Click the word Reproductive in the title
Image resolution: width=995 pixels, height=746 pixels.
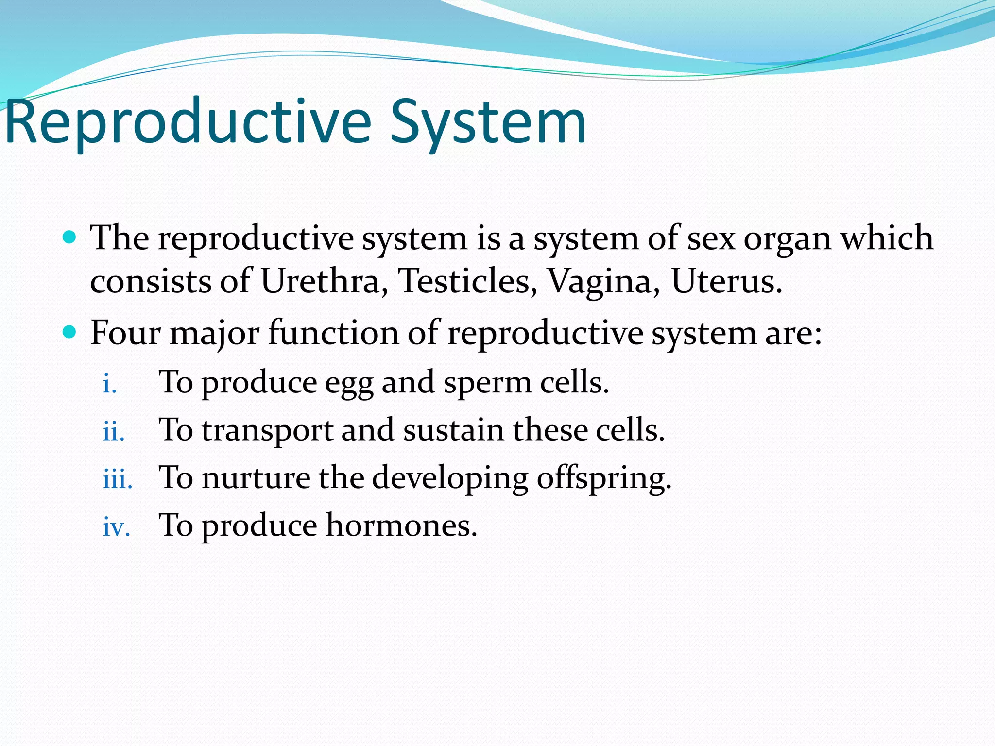click(188, 122)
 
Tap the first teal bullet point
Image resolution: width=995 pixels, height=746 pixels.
click(70, 237)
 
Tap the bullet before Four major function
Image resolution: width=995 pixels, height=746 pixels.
click(70, 333)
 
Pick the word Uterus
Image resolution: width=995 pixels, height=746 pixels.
click(726, 282)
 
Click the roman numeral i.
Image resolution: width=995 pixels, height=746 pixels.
click(110, 384)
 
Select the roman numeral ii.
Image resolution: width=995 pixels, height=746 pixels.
click(114, 431)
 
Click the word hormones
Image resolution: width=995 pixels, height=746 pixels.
click(401, 526)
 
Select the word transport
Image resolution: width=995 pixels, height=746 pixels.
click(267, 431)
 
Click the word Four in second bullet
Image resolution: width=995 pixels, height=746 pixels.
click(125, 333)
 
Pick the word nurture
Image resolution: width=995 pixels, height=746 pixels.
click(256, 478)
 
